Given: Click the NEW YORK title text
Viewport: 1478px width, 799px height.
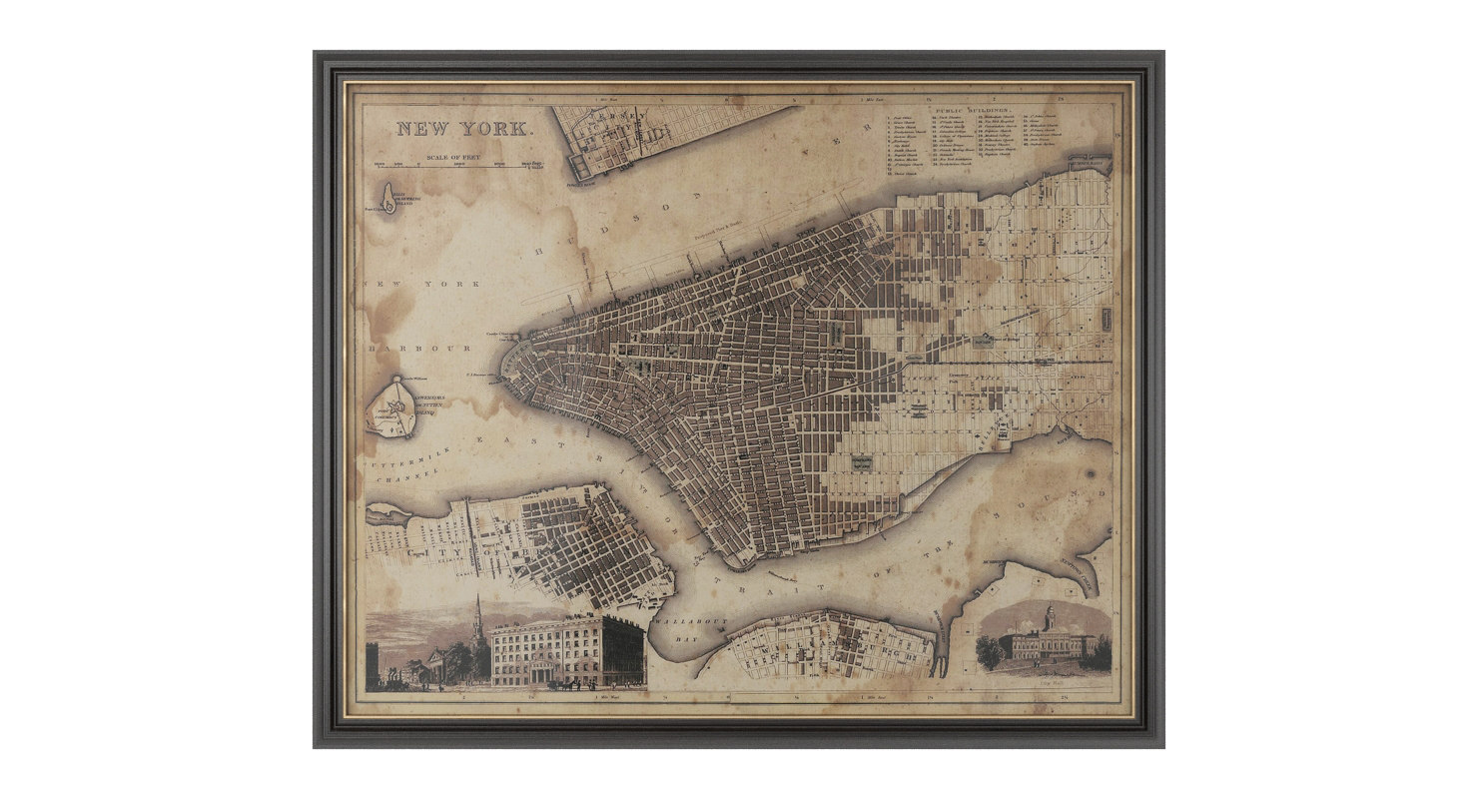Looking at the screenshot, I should click(465, 128).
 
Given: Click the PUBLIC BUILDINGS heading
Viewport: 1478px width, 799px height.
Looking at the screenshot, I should click(975, 108).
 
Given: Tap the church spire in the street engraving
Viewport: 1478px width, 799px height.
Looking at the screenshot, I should click(478, 619).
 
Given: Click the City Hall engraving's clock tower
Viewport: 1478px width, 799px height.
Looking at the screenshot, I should click(1049, 616).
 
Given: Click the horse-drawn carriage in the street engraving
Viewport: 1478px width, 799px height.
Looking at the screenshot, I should click(565, 685).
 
